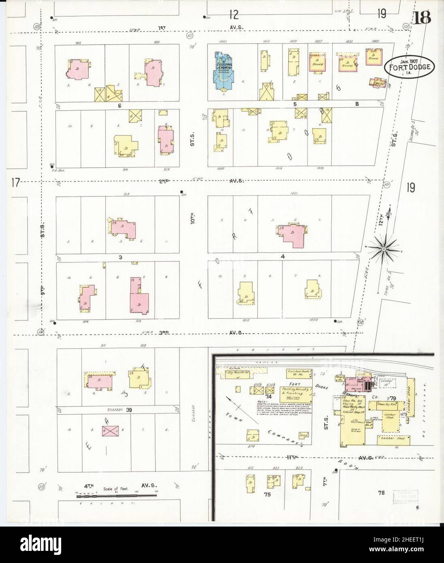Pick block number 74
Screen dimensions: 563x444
click(268, 397)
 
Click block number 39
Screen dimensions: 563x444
click(129, 410)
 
